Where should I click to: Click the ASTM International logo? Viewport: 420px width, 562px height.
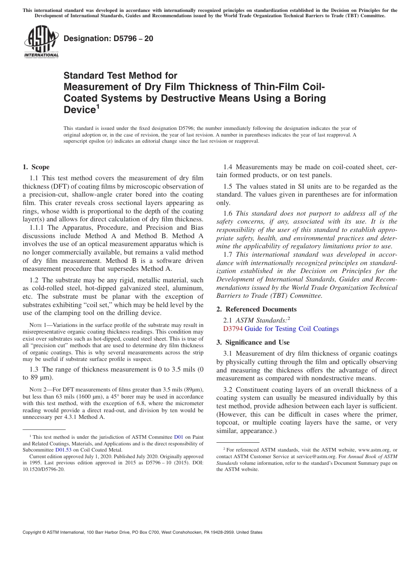(x=41, y=42)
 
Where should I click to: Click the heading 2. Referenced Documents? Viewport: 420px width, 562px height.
(x=256, y=309)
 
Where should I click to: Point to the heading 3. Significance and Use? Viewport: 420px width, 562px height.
(x=253, y=342)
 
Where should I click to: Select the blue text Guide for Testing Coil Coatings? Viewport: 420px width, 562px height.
(x=291, y=329)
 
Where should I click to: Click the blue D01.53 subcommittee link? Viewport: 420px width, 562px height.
(x=63, y=450)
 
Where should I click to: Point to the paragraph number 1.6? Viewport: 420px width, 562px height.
(x=228, y=213)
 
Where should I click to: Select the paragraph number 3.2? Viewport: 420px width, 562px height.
(x=228, y=389)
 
